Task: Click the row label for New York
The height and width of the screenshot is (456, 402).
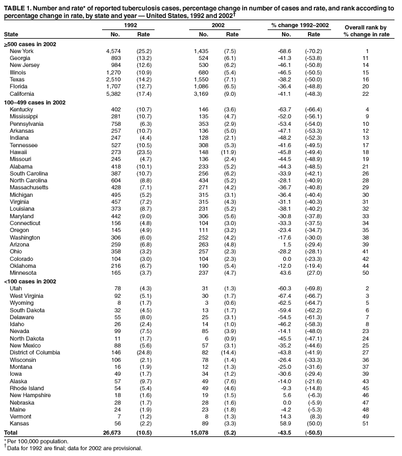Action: (x=22, y=51)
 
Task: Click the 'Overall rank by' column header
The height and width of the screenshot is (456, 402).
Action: (x=365, y=28)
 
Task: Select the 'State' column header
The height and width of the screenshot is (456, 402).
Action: (x=11, y=35)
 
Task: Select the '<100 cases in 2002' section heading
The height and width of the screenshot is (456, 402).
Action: (x=30, y=281)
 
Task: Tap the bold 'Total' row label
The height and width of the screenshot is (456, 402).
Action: (x=11, y=432)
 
